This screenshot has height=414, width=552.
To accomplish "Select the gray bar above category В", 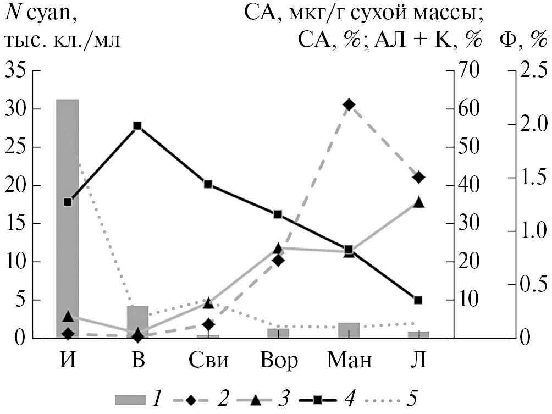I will (x=138, y=321).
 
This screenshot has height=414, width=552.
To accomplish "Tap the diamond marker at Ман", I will (x=348, y=104).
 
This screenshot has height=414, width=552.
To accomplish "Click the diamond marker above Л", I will (x=418, y=176).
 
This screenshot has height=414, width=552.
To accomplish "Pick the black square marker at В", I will (x=138, y=125).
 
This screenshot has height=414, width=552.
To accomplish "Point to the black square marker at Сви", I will (x=208, y=184).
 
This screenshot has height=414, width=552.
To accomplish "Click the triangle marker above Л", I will (x=418, y=202).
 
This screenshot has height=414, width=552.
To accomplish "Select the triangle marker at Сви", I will (x=208, y=302).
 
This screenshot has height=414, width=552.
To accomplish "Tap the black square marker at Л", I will (x=418, y=300).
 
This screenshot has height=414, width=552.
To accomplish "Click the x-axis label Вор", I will (x=279, y=361).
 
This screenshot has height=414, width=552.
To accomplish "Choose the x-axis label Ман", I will (x=350, y=361).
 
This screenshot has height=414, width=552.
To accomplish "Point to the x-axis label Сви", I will (x=208, y=361).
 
